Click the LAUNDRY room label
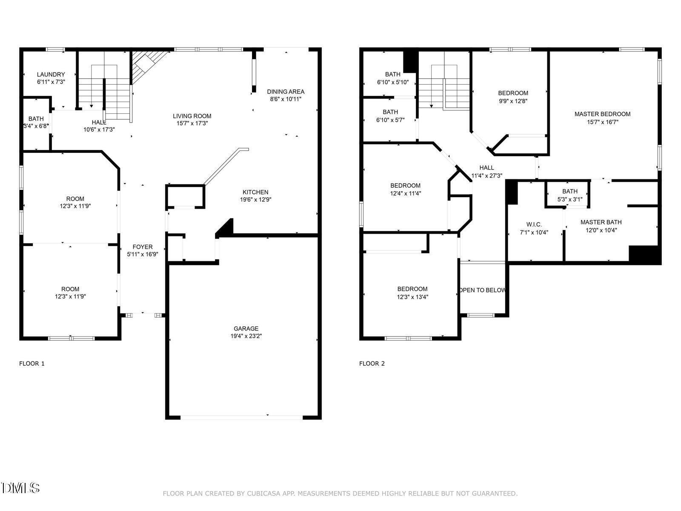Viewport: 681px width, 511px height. (x=51, y=75)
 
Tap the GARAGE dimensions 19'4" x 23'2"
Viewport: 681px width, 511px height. (x=246, y=336)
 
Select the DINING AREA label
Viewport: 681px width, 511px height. (x=286, y=92)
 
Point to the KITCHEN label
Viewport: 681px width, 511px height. (x=255, y=192)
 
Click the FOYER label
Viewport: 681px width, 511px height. (x=143, y=247)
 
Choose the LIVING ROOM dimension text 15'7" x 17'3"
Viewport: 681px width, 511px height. (x=192, y=123)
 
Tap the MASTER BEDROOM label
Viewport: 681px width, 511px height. (x=602, y=114)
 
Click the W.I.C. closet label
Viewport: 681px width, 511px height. (x=534, y=224)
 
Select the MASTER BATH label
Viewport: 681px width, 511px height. (x=601, y=222)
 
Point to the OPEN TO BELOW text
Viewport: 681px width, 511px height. (x=482, y=290)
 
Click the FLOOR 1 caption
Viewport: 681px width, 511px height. (x=32, y=363)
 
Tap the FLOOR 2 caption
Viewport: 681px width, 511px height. (x=372, y=363)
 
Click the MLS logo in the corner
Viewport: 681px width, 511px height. (x=20, y=488)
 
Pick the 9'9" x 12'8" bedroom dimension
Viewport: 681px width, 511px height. (x=513, y=101)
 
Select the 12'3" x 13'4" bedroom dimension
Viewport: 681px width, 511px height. (x=412, y=297)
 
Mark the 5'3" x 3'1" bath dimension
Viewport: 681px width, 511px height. (x=570, y=199)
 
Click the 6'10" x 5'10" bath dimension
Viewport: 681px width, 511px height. (x=393, y=82)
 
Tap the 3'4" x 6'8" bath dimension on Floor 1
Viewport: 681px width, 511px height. (x=36, y=126)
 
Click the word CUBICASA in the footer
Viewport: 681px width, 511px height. (x=264, y=493)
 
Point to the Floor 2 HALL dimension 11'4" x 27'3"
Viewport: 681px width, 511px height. (x=486, y=175)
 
